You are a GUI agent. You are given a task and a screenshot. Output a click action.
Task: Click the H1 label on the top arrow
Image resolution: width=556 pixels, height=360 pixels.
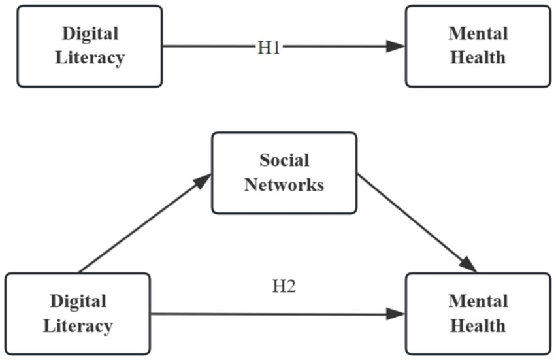pos(269,46)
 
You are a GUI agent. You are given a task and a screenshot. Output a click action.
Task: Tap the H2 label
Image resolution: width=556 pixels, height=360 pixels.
pos(284,286)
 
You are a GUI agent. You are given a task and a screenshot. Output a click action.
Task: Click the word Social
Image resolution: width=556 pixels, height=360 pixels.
pos(284,160)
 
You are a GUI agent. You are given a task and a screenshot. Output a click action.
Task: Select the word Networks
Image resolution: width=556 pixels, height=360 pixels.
pos(284,184)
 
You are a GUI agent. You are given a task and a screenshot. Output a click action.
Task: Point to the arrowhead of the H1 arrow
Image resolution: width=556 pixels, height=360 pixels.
pos(396,46)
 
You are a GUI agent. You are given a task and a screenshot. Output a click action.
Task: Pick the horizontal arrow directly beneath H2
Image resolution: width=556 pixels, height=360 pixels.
pos(274,314)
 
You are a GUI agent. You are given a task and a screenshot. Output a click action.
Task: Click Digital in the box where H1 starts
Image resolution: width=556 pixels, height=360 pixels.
pos(90,33)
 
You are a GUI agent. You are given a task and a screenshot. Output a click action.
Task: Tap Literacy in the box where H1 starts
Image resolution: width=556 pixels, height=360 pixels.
pos(90,57)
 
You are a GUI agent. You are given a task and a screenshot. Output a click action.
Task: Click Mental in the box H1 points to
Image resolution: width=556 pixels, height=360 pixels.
pos(478,33)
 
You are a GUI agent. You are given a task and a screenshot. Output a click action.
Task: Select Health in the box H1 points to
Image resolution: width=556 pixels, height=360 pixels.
pos(478,57)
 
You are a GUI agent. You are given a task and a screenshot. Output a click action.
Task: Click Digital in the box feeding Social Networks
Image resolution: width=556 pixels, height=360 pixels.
pos(78,301)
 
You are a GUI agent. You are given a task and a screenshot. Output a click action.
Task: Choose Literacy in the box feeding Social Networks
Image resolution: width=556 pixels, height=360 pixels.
pos(78,325)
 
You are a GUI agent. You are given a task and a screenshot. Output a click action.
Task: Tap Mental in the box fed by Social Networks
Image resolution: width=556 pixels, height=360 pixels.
pos(478,301)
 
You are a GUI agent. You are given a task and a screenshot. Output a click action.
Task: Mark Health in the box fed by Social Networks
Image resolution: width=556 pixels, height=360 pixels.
pos(478,325)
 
